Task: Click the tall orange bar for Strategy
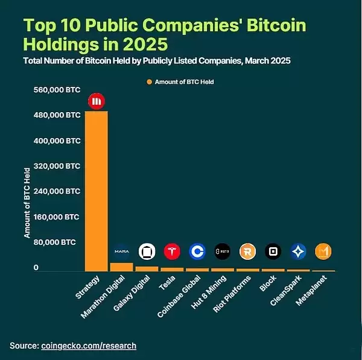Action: pyautogui.click(x=96, y=191)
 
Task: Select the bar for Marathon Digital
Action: pyautogui.click(x=121, y=267)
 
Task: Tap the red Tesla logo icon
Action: pyautogui.click(x=172, y=251)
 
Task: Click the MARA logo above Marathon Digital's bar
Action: pyautogui.click(x=121, y=251)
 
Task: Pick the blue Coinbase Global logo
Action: pyautogui.click(x=197, y=251)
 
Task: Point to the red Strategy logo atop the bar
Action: pyautogui.click(x=97, y=101)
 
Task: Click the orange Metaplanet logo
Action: pyautogui.click(x=323, y=251)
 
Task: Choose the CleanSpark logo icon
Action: pyautogui.click(x=298, y=251)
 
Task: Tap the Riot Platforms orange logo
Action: pyautogui.click(x=247, y=251)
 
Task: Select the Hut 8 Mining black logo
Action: pyautogui.click(x=223, y=251)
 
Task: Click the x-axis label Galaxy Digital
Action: pyautogui.click(x=130, y=295)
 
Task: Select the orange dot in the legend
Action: pyautogui.click(x=149, y=81)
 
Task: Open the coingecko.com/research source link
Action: pyautogui.click(x=89, y=346)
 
